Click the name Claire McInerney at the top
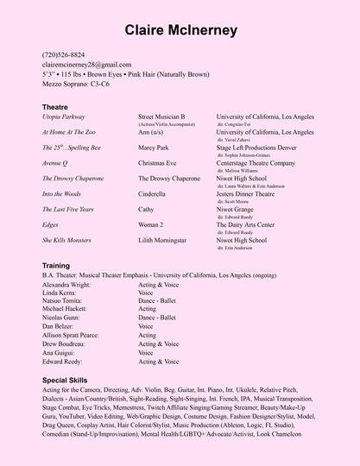click(x=180, y=30)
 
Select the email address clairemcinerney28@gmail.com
click(x=86, y=65)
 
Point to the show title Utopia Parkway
click(x=64, y=116)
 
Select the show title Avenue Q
click(x=54, y=162)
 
